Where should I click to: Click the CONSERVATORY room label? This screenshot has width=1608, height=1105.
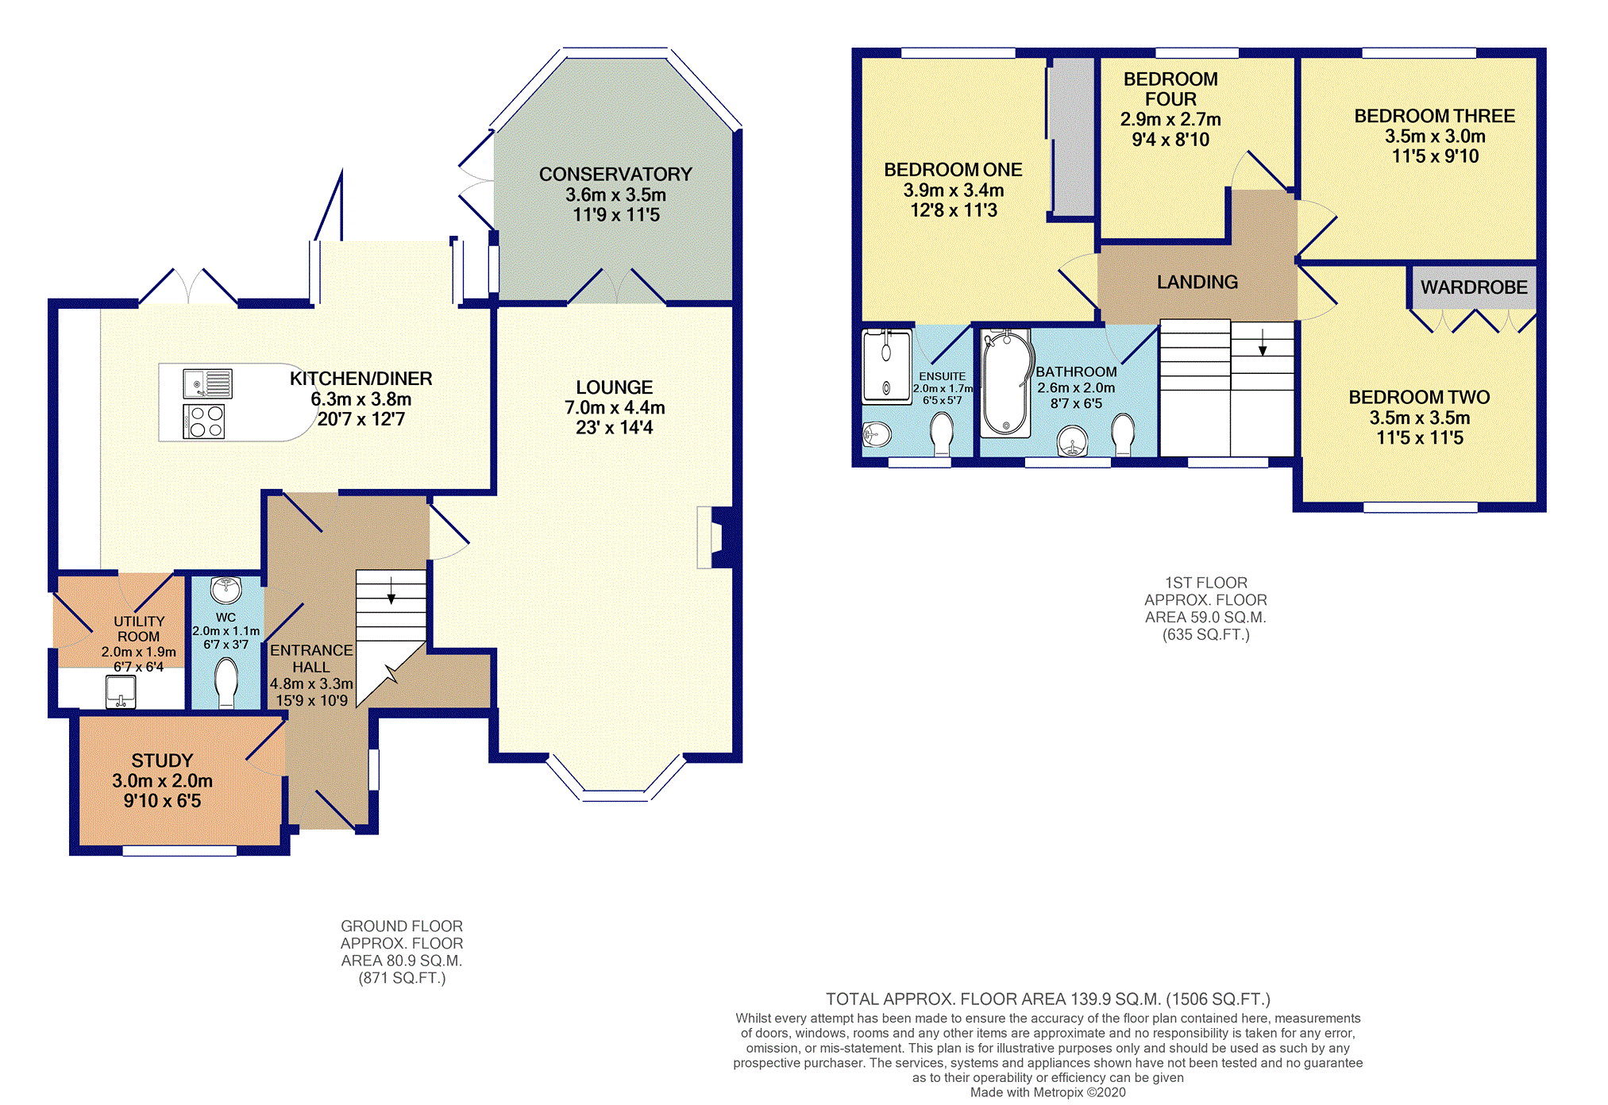coord(615,175)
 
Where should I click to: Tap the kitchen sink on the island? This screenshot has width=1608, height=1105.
coord(208,384)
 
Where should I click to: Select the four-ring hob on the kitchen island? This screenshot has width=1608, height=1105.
coord(204,422)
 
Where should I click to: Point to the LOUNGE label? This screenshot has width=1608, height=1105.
coord(615,387)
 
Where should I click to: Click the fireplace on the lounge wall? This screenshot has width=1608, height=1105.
coord(714,537)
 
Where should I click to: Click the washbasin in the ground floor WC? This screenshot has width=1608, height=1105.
coord(226,590)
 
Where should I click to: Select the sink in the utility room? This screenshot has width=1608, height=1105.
coord(121,691)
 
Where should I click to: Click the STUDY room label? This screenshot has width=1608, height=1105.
coord(162,760)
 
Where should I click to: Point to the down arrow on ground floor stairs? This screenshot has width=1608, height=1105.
coord(391,591)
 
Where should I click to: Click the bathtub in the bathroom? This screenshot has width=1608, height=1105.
coord(1005,383)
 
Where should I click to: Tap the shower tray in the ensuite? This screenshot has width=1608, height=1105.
coord(887,367)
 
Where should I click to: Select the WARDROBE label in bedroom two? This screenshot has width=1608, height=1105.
coord(1474,287)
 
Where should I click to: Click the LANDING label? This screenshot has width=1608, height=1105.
coord(1197,282)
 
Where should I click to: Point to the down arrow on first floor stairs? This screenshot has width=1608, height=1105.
coord(1263,342)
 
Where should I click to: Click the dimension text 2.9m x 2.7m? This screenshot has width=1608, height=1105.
coord(1170,119)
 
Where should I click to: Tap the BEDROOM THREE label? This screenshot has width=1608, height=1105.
coord(1435,116)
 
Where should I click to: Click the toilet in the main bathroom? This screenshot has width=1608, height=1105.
coord(1124,435)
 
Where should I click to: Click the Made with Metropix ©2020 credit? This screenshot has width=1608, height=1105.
coord(1048,1092)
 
